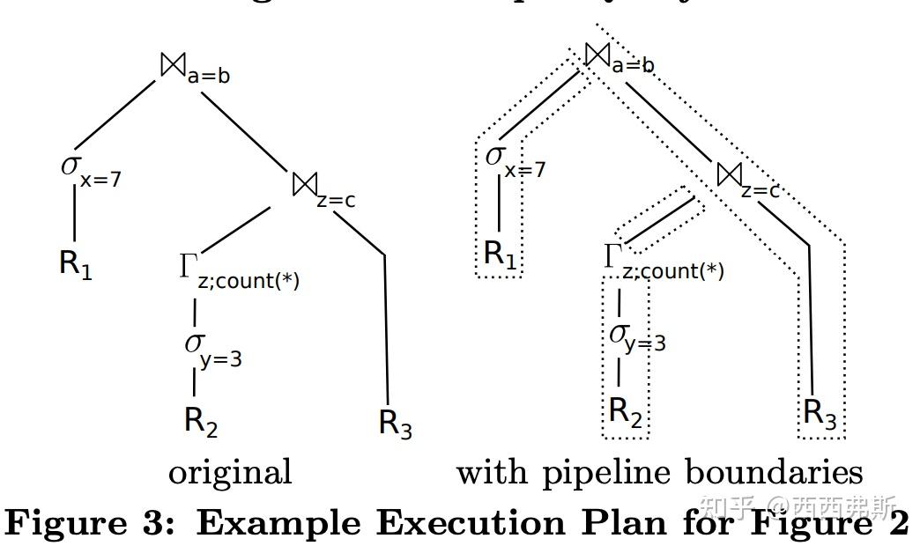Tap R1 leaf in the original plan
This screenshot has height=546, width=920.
76,263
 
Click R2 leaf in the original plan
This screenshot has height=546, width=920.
200,421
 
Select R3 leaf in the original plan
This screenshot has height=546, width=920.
395,423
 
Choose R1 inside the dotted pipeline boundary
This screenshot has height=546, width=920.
500,255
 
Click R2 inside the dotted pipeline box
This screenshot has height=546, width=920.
626,412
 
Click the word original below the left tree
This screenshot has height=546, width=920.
230,473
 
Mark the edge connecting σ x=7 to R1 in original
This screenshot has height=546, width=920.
74,213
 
